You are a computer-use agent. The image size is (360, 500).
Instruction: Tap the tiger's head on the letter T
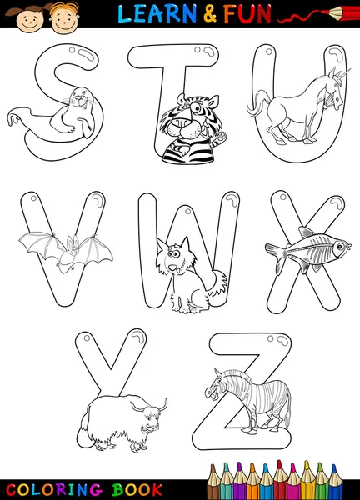pyautogui.click(x=178, y=117)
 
